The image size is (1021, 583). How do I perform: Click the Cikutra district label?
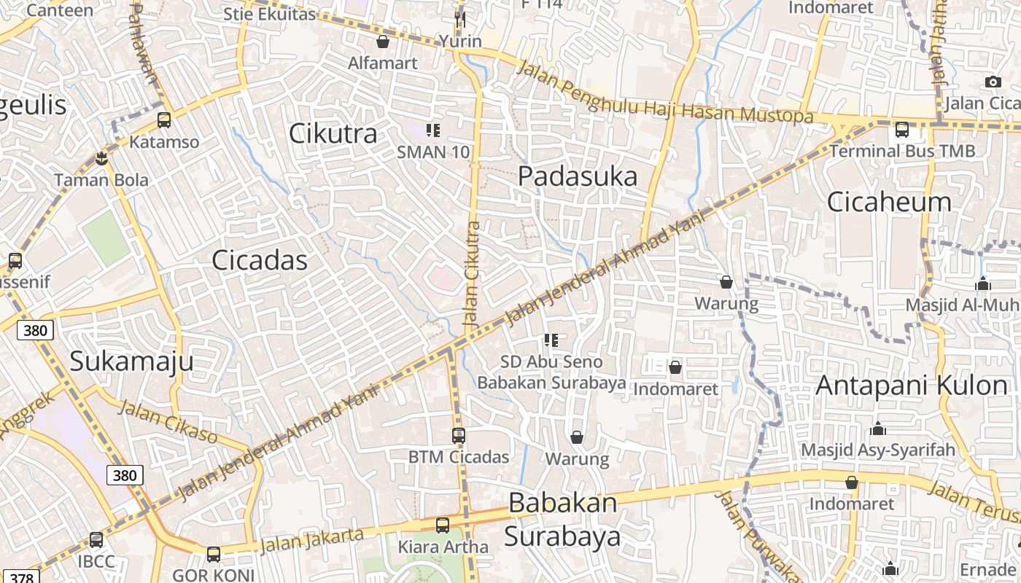pyautogui.click(x=333, y=133)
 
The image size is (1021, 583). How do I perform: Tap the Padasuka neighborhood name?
pyautogui.click(x=578, y=176)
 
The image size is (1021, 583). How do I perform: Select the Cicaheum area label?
pyautogui.click(x=889, y=201)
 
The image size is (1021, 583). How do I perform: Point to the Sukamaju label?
pyautogui.click(x=132, y=361)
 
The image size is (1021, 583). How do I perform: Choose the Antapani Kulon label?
pyautogui.click(x=912, y=385)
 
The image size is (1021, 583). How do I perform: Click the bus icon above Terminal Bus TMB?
pyautogui.click(x=902, y=130)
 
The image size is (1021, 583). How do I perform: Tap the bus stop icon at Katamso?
pyautogui.click(x=164, y=120)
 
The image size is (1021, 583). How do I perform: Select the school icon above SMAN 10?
pyautogui.click(x=433, y=130)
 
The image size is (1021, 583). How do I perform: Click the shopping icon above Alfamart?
pyautogui.click(x=382, y=42)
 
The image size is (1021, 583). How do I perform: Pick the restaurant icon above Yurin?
pyautogui.click(x=460, y=19)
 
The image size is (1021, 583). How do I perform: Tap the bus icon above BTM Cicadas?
pyautogui.click(x=458, y=436)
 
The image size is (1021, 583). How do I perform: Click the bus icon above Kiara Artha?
pyautogui.click(x=443, y=525)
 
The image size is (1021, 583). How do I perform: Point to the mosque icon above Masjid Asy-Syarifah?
pyautogui.click(x=878, y=429)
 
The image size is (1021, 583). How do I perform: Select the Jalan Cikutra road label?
pyautogui.click(x=473, y=273)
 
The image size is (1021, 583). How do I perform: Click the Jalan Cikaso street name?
pyautogui.click(x=168, y=421)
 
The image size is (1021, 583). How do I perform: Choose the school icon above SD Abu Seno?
pyautogui.click(x=551, y=340)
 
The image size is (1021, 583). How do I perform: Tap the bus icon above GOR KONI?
pyautogui.click(x=214, y=554)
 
